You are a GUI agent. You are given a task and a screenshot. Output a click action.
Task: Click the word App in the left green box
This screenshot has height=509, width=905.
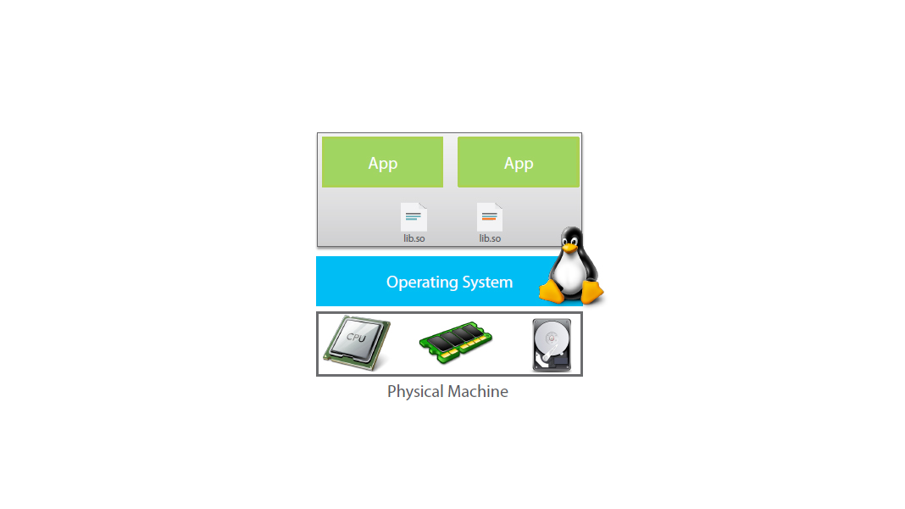pyautogui.click(x=383, y=164)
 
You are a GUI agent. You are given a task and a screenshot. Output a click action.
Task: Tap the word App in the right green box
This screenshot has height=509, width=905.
pyautogui.click(x=519, y=164)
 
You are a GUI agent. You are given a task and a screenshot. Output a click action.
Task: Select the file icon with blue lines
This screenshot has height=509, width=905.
pyautogui.click(x=414, y=217)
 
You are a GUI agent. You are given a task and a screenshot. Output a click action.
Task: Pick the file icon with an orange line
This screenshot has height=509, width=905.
pyautogui.click(x=490, y=217)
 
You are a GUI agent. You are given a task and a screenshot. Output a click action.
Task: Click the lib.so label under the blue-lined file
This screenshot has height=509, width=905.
pyautogui.click(x=414, y=238)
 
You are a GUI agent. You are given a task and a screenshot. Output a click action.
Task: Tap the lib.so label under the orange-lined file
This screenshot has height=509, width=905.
pyautogui.click(x=490, y=238)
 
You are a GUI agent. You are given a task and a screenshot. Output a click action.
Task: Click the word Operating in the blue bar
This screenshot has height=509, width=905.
pyautogui.click(x=420, y=282)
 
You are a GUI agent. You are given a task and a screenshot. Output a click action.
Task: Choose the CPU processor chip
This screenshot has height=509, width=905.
pyautogui.click(x=357, y=342)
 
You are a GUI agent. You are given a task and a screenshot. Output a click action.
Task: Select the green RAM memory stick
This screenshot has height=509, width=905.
pyautogui.click(x=456, y=342)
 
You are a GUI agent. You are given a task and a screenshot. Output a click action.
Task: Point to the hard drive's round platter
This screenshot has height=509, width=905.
pyautogui.click(x=551, y=339)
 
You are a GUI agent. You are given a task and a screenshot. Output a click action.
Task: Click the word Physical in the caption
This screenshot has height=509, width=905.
pyautogui.click(x=414, y=392)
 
